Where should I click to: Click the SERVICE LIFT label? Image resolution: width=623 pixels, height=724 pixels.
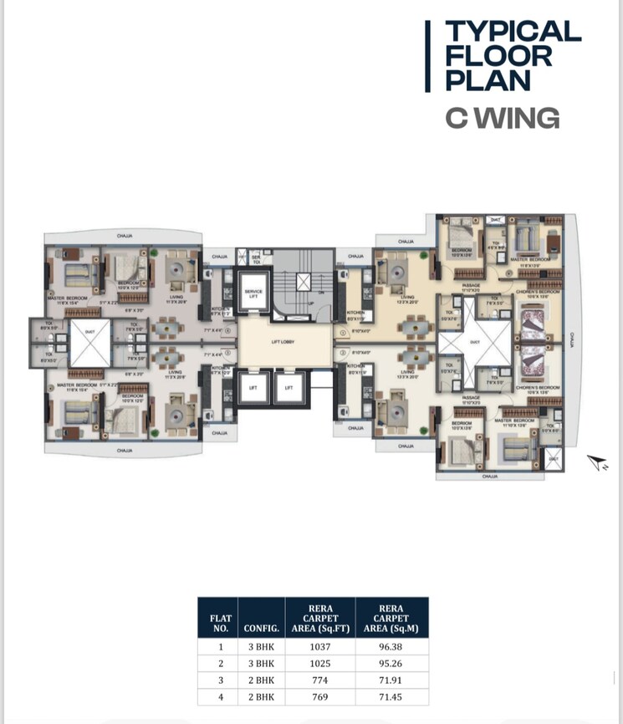pos(253,293)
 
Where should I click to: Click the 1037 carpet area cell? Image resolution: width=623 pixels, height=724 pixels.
pos(320,646)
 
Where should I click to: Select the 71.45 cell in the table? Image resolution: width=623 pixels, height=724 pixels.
pos(391,696)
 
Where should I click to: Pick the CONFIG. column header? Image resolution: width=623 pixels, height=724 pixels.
pos(261,625)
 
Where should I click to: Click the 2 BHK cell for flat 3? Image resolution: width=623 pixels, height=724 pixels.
pos(261,680)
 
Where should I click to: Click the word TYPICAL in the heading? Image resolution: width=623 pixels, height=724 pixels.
pos(513,32)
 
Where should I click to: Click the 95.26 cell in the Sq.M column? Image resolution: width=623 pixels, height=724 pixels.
pos(391,663)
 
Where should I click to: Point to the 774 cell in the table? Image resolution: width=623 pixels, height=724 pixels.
pos(320,680)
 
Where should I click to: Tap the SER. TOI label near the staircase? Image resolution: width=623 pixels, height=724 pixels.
pos(257,261)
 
